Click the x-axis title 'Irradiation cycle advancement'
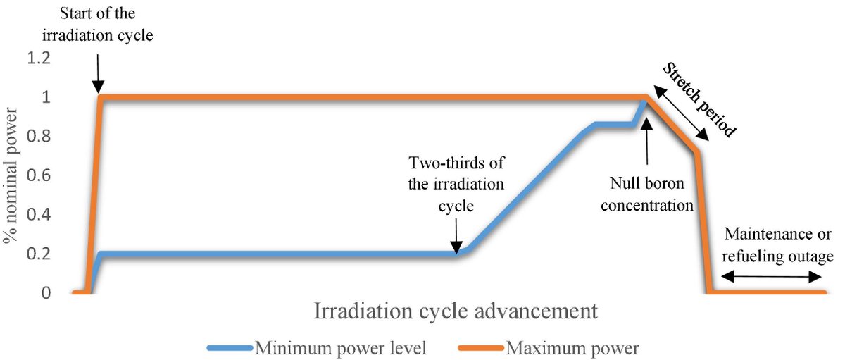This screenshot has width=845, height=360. pyautogui.click(x=456, y=311)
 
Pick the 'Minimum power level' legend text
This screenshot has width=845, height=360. pyautogui.click(x=341, y=347)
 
